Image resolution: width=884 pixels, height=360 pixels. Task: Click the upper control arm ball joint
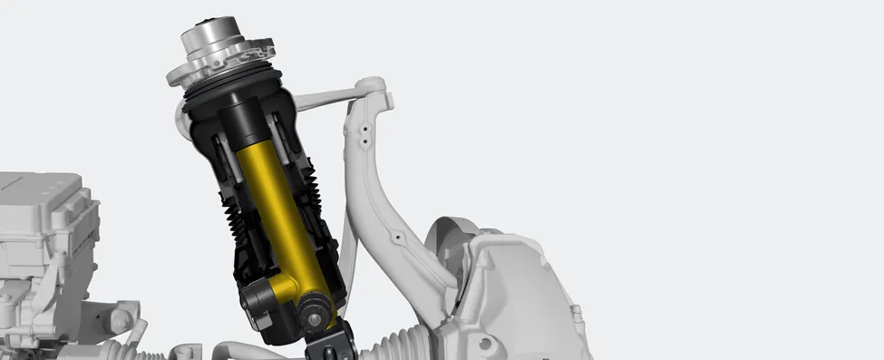coord(374,88)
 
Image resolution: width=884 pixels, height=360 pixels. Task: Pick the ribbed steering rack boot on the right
coord(399,342)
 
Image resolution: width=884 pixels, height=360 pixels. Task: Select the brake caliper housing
coord(517,290)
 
